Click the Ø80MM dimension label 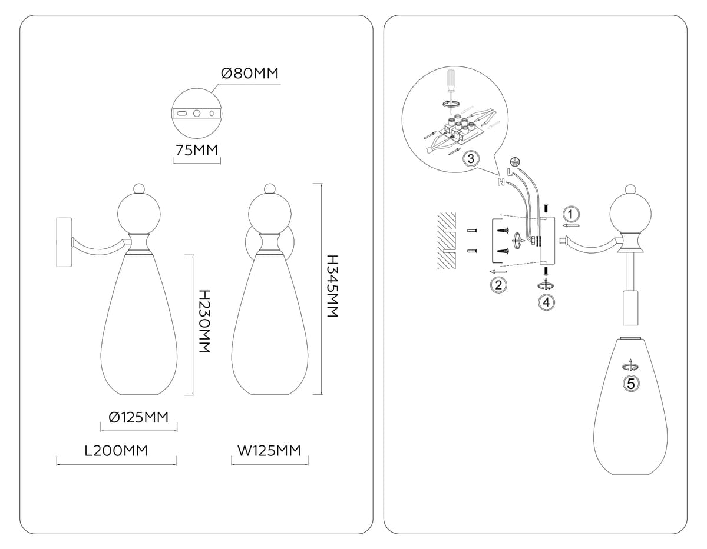250,74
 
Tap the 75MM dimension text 197,150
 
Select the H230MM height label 204,321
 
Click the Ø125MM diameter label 139,417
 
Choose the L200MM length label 116,451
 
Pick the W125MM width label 269,451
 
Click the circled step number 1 570,214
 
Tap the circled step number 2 498,285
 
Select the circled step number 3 471,159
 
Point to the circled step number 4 546,302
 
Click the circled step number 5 630,384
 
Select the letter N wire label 501,182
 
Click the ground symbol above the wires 514,161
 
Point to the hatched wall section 447,241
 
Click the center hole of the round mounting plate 197,114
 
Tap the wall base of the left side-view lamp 64,242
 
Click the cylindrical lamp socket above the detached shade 630,308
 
